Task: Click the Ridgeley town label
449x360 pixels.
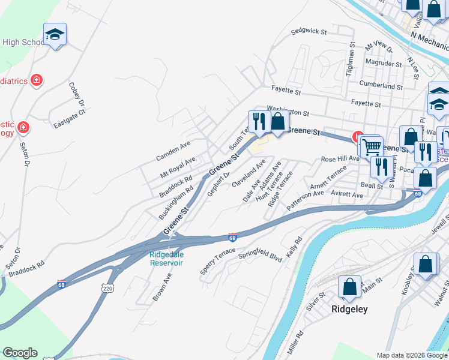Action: pos(349,310)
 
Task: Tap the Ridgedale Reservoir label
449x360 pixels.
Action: pos(166,259)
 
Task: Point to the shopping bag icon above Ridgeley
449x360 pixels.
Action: pos(349,287)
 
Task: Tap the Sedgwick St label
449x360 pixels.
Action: pos(308,31)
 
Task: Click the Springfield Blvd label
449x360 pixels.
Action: pos(260,255)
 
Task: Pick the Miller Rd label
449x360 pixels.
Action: pos(295,341)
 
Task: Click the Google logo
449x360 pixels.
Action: pos(20,353)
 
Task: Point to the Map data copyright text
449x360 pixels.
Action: pos(411,355)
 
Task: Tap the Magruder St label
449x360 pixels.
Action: pos(384,64)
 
